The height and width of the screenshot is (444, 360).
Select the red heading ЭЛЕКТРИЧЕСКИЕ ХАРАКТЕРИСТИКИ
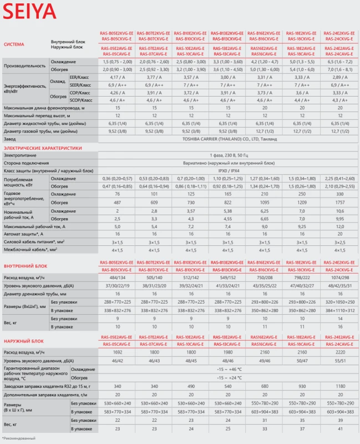[43, 149]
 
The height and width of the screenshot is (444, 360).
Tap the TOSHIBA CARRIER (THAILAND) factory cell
[227, 138]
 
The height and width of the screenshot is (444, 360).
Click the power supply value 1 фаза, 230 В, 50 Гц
[227, 157]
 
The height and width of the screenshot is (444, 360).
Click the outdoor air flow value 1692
[115, 352]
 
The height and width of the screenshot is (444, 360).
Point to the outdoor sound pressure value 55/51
[338, 360]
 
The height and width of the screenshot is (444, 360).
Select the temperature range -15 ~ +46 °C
[227, 369]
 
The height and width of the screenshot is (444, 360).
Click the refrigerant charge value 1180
[338, 385]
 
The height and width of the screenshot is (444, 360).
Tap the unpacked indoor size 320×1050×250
[338, 301]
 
